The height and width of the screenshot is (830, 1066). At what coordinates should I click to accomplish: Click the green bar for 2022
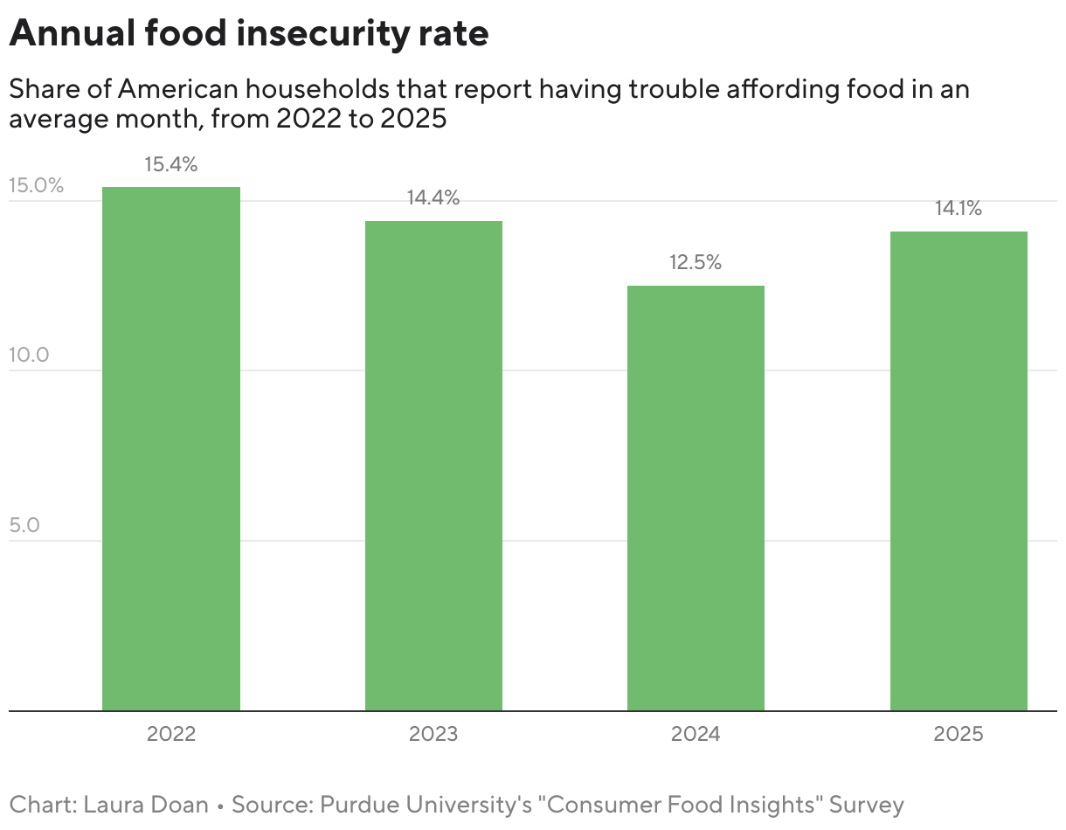(171, 449)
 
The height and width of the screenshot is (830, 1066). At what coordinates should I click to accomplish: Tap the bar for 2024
(696, 498)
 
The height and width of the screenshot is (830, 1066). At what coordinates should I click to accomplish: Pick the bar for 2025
(959, 471)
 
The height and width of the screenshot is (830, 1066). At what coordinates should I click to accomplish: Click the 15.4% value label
(171, 164)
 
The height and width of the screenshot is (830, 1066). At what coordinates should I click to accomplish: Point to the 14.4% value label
(433, 198)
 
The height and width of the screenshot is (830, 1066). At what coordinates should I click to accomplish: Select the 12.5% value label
(696, 263)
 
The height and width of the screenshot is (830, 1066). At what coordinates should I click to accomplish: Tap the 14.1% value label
(959, 209)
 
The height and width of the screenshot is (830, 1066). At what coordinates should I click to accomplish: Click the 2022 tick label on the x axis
(171, 734)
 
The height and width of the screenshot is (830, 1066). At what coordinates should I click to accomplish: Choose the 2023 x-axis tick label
(433, 734)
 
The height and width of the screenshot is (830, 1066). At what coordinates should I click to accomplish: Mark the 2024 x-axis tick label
(696, 734)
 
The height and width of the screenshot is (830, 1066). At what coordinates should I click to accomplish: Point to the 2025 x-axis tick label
(959, 734)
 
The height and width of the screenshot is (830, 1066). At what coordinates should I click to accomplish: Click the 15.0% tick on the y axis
(37, 185)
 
